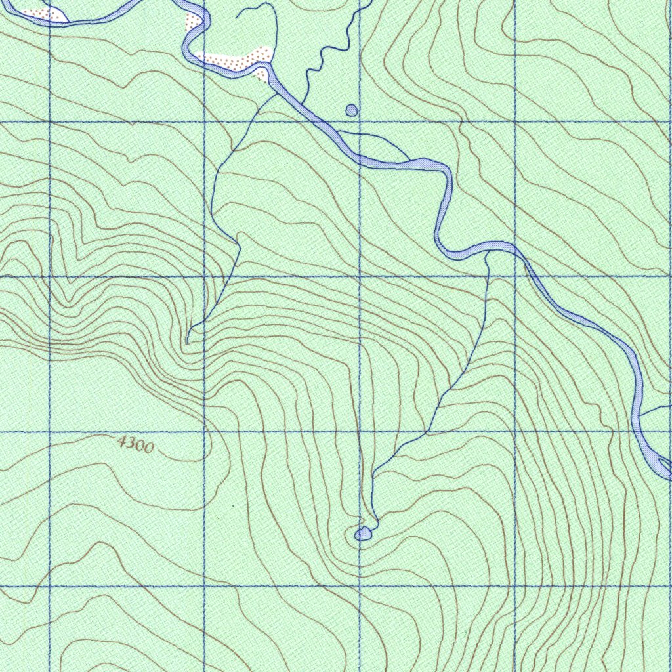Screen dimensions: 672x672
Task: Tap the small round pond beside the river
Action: pos(352,110)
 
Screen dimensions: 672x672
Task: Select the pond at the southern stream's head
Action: pos(363,534)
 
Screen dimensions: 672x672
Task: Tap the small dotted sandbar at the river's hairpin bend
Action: pos(193,22)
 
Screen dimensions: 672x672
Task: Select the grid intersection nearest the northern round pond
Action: pos(360,121)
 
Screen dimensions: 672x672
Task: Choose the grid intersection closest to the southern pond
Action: pos(360,586)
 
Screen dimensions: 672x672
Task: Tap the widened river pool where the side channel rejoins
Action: pos(427,163)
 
